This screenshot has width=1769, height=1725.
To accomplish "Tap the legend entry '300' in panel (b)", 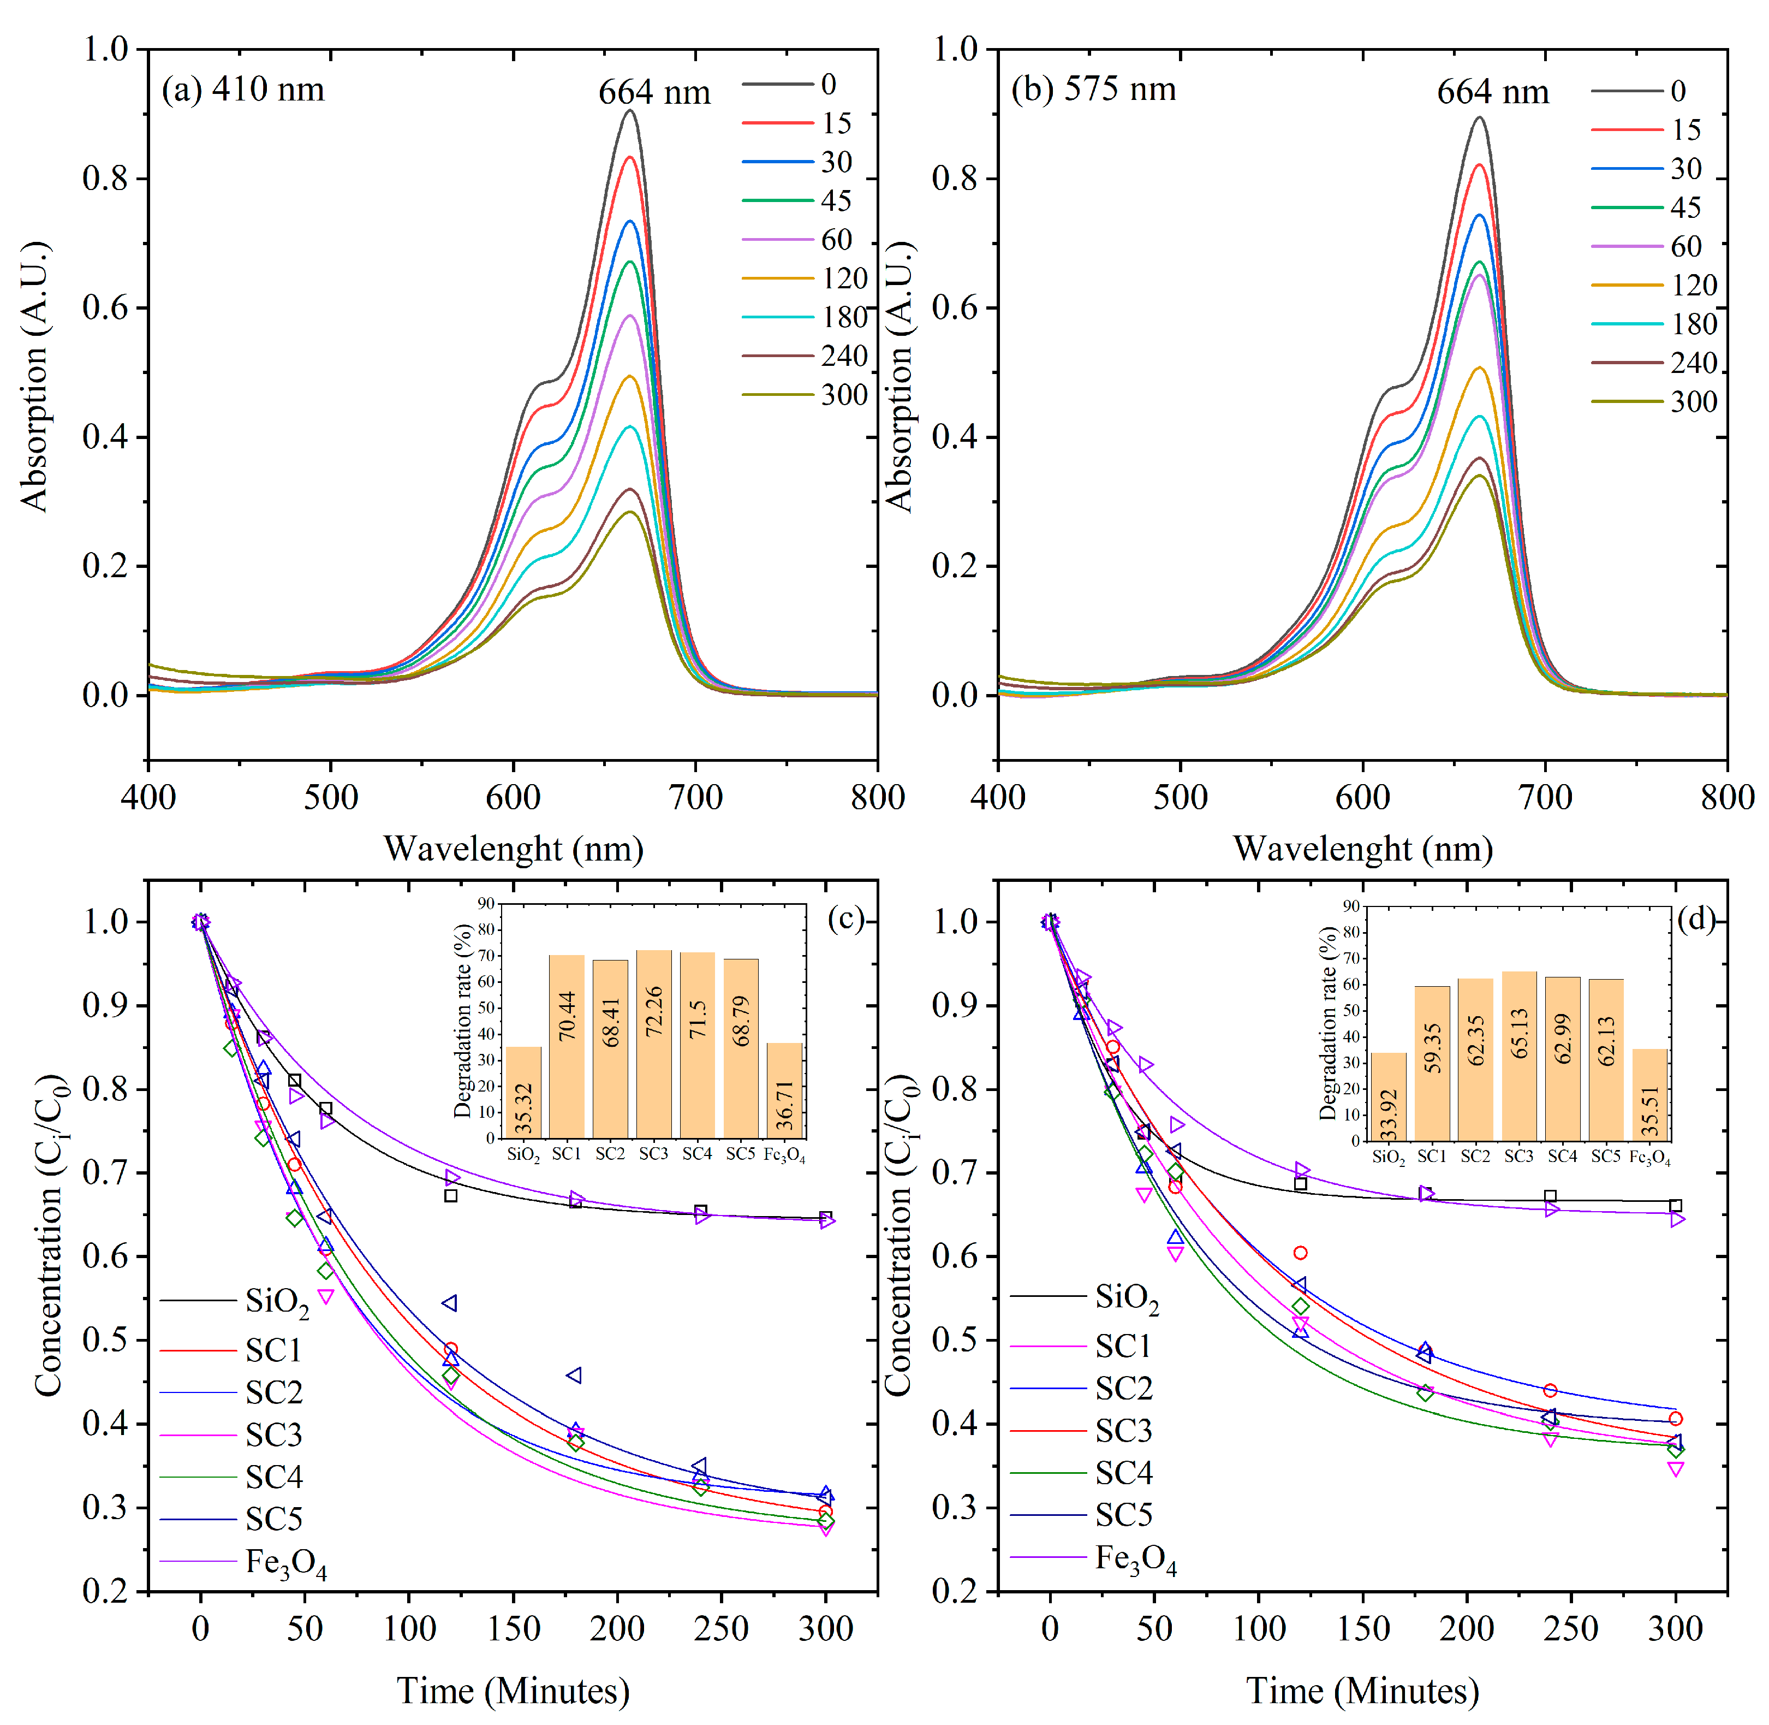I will (x=1693, y=401).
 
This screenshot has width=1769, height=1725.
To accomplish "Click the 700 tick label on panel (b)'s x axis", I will (x=1544, y=797).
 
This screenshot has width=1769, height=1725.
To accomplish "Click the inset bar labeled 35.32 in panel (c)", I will (x=523, y=1092).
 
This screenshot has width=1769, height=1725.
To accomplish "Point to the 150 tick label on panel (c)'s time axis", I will (x=514, y=1628).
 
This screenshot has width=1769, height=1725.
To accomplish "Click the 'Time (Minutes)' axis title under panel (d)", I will (x=1362, y=1691).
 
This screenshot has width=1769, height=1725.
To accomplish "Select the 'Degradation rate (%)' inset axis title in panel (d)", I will (x=1328, y=1024).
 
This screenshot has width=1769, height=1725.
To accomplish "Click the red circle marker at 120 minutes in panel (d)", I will (x=1300, y=1253).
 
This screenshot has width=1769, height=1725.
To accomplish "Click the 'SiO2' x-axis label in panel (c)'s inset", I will (x=523, y=1155).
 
